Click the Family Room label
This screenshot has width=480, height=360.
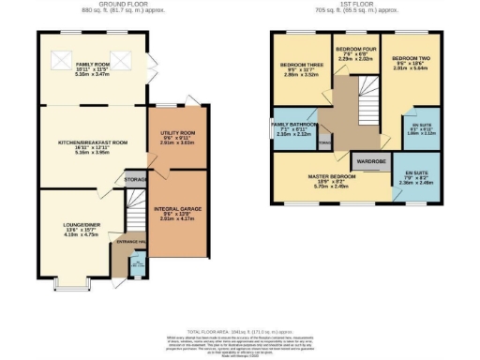92,65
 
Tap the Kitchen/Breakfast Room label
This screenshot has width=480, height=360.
92,142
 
